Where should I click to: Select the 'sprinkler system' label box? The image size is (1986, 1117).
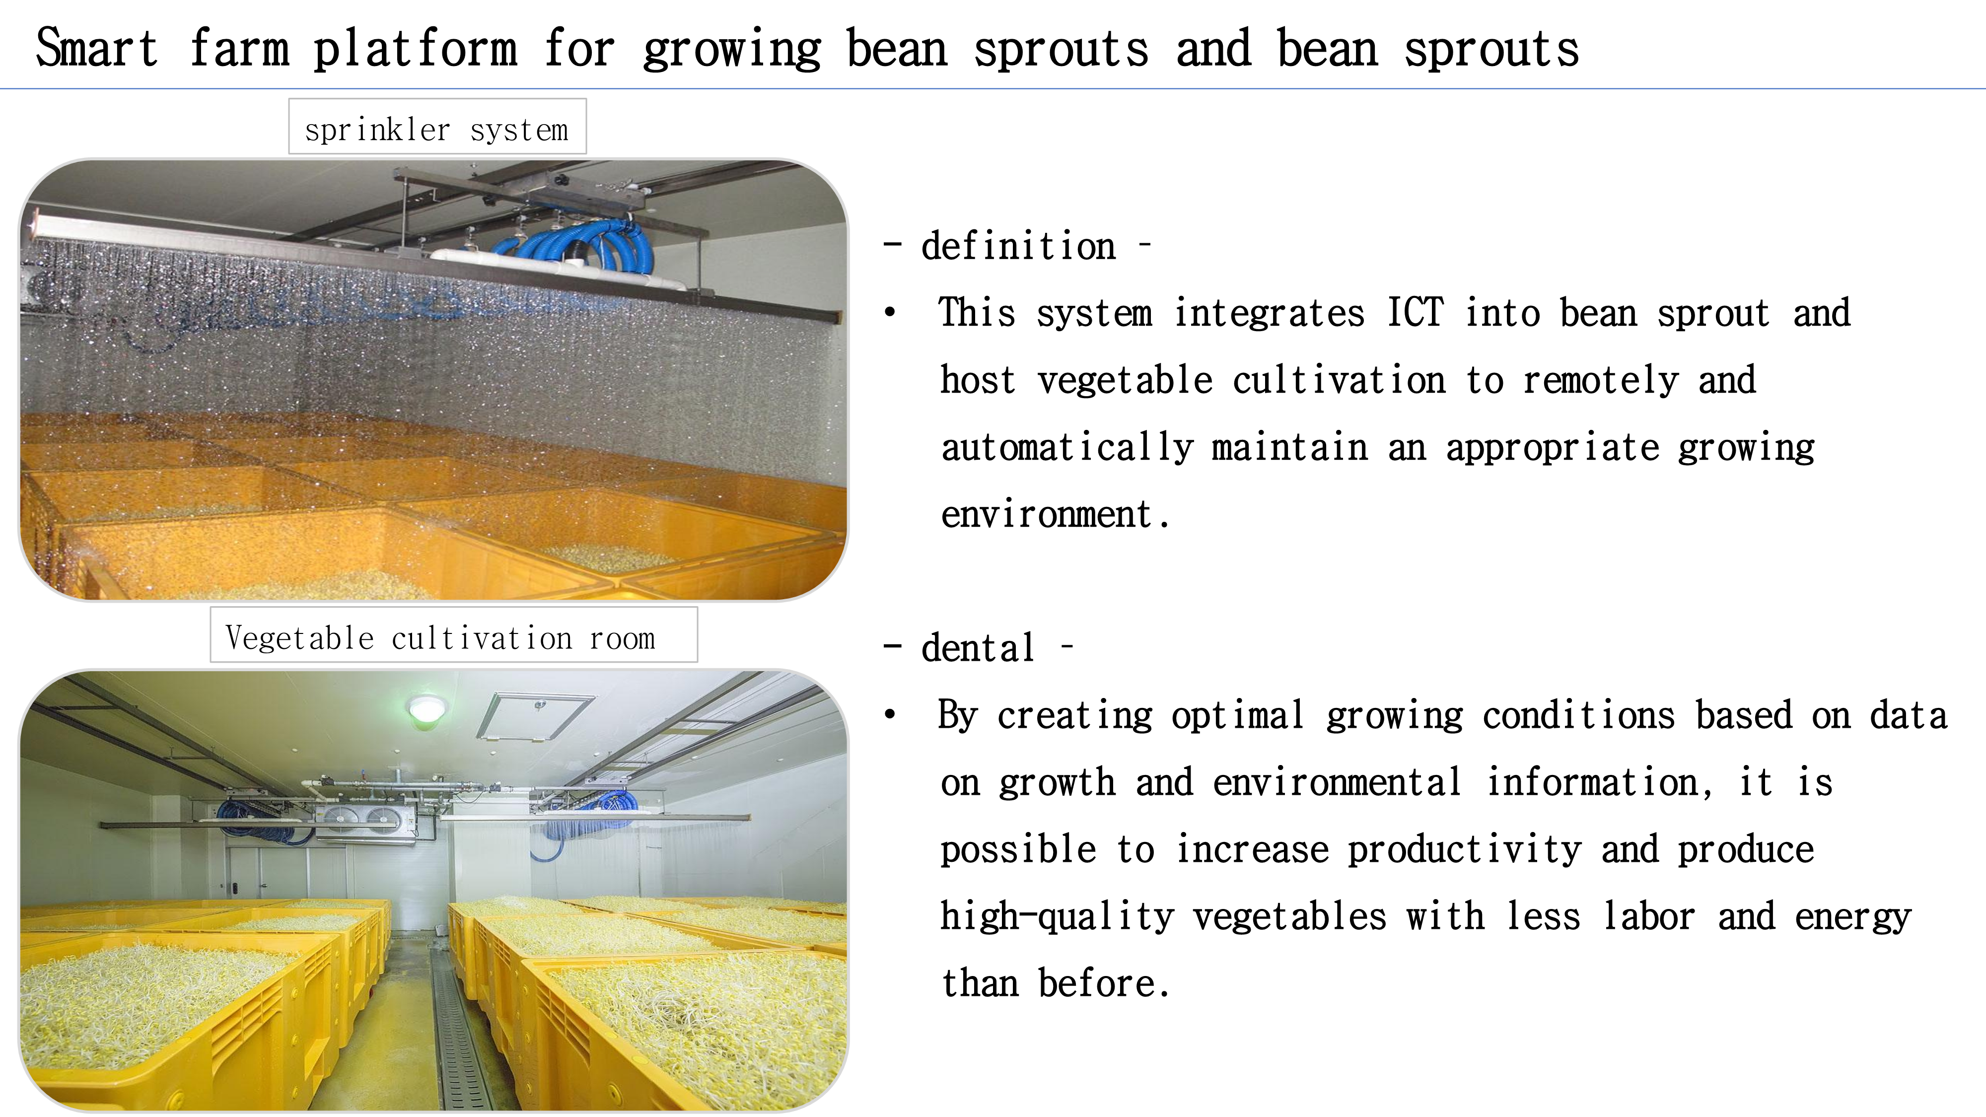[437, 127]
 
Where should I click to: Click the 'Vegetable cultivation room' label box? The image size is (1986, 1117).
[453, 634]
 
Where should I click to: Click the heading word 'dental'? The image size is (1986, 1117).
[978, 647]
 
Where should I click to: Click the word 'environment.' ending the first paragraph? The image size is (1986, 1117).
[1055, 514]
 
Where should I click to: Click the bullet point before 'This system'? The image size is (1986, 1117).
[890, 313]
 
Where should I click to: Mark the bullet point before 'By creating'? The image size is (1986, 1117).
[890, 714]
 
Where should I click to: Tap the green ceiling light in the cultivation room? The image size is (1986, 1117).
[426, 707]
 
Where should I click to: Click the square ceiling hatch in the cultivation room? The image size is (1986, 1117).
[536, 714]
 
